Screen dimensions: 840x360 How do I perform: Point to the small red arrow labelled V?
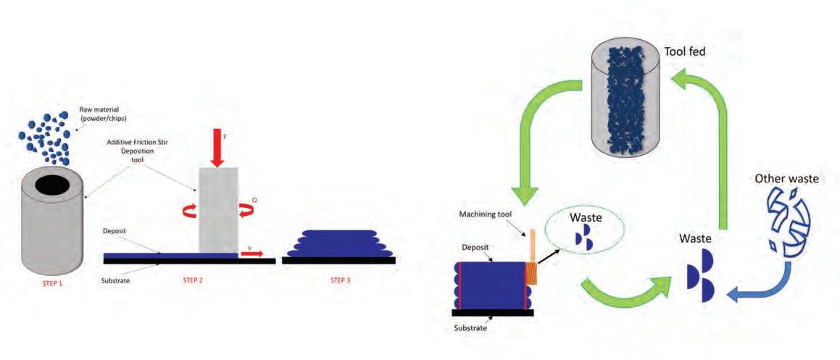[254, 254]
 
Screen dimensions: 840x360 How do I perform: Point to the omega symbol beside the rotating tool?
[254, 199]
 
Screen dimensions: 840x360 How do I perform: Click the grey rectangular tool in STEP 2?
[218, 210]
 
